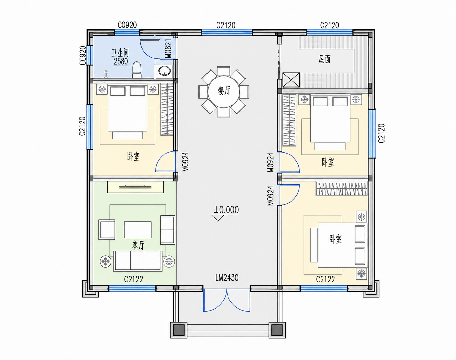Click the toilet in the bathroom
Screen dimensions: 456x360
click(x=137, y=70)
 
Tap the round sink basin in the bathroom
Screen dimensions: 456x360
click(x=164, y=71)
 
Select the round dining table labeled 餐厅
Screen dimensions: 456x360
click(x=224, y=91)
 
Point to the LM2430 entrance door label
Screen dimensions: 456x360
click(x=227, y=278)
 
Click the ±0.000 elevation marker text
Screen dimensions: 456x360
click(x=226, y=210)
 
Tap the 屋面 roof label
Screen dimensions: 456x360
click(x=324, y=59)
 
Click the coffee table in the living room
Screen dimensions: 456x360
click(x=138, y=230)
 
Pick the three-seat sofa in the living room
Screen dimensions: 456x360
click(x=138, y=261)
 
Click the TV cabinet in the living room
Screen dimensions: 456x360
click(x=135, y=187)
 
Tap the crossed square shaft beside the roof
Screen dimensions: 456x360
click(x=291, y=80)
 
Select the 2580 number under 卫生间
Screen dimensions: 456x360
click(x=121, y=61)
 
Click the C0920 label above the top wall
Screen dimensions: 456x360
click(x=127, y=25)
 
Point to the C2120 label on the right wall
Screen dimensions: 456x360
click(x=381, y=133)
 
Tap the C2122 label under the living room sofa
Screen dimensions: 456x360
click(x=133, y=279)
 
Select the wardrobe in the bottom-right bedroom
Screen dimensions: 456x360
click(x=342, y=189)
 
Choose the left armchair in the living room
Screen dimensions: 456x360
click(x=107, y=230)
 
